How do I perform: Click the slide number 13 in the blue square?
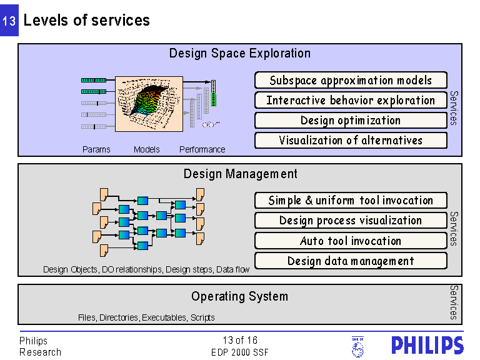click(9, 21)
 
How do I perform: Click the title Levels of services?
click(86, 20)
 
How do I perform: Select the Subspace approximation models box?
click(351, 80)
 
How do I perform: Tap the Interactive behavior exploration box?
click(351, 100)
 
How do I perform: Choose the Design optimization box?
click(351, 120)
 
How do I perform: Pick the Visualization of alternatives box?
click(351, 140)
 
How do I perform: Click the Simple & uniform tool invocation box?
click(351, 201)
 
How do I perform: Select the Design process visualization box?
click(351, 221)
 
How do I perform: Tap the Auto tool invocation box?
click(351, 241)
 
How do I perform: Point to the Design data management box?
click(351, 261)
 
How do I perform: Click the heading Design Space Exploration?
click(239, 53)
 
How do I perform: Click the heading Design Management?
click(240, 174)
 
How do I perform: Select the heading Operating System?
click(239, 296)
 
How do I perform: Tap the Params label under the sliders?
click(96, 149)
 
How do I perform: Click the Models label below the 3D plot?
click(147, 149)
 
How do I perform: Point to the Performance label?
click(202, 149)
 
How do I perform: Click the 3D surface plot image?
click(149, 103)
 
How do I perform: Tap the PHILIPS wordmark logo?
click(427, 346)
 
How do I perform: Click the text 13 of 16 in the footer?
click(240, 341)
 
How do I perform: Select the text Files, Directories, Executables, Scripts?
click(146, 317)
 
